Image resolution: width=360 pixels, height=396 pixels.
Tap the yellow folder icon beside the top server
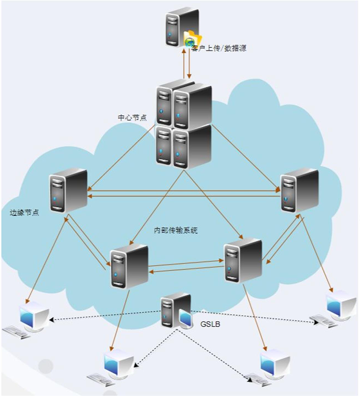coord(195,39)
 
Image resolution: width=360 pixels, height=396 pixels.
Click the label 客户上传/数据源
coord(219,48)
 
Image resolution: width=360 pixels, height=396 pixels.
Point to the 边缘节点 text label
coord(24,213)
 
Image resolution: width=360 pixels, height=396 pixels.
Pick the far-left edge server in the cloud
coord(68,190)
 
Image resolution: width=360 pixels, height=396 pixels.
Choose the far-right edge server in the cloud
coord(299,190)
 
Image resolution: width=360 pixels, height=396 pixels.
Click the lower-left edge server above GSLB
coord(129,266)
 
